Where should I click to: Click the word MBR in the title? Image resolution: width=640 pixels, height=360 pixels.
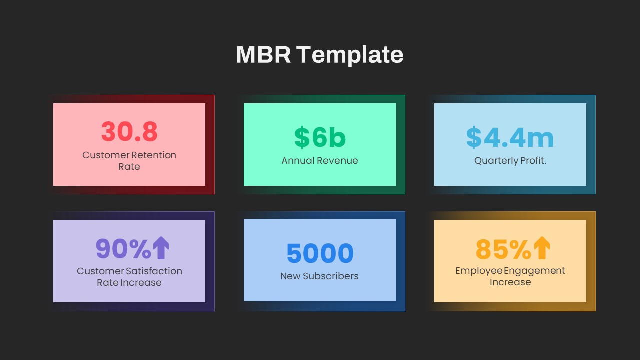(x=263, y=54)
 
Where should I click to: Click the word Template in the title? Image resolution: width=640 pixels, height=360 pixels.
(x=350, y=56)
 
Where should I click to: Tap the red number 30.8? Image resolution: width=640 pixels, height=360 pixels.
(x=129, y=131)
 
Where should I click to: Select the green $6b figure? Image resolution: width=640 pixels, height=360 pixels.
(x=320, y=137)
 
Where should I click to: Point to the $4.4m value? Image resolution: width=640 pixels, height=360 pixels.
(x=510, y=137)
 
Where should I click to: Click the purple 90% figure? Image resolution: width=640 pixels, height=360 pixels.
(x=123, y=249)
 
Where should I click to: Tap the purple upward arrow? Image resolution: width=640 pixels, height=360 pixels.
(x=161, y=248)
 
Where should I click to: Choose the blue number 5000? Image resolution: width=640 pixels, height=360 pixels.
(x=320, y=253)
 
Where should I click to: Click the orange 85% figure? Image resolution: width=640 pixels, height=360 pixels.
(x=503, y=249)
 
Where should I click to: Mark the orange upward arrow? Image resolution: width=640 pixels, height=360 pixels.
(x=542, y=248)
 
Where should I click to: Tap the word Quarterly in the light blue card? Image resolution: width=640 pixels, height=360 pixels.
(x=496, y=161)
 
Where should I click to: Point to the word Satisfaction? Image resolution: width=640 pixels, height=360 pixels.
(x=154, y=271)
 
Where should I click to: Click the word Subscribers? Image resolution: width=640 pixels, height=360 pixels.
(x=330, y=276)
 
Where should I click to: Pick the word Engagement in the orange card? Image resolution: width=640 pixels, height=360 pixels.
(x=534, y=271)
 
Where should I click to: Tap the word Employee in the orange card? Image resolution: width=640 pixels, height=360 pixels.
(x=479, y=271)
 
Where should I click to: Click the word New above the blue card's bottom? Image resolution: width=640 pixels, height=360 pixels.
(x=290, y=276)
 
